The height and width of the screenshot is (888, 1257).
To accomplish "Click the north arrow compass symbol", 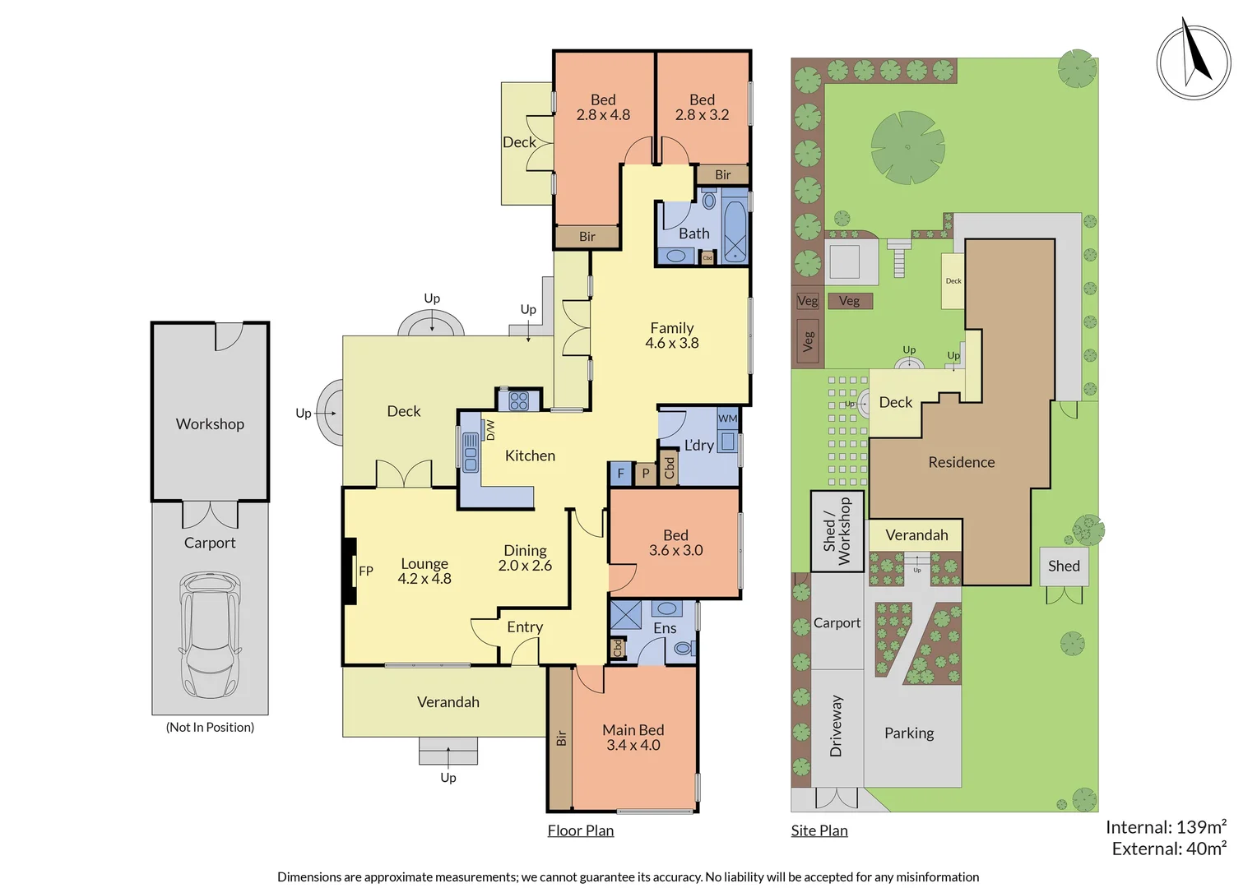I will tap(1193, 62).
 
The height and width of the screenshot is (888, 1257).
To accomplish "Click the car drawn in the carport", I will tap(210, 635).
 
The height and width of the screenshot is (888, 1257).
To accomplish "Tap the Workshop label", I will tap(210, 424).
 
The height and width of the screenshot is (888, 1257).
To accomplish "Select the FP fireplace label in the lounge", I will tap(366, 571).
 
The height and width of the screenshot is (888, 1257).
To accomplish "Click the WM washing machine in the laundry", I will tap(727, 419).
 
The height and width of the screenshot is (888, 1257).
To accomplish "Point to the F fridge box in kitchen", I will tap(620, 474).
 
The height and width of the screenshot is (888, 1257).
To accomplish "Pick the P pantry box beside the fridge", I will tap(646, 474).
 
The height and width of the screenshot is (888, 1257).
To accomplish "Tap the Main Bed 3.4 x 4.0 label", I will tap(633, 738).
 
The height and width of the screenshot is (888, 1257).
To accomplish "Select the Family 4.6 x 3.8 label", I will tap(671, 335).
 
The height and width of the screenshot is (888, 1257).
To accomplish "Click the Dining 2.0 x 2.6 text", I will tap(525, 558).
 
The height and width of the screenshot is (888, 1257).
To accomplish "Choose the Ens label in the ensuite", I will tap(665, 628).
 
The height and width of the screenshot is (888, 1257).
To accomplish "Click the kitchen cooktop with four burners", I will tap(518, 400).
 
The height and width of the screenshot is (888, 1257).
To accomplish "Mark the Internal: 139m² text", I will tap(1166, 827).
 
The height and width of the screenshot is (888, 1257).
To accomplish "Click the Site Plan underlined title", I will tap(819, 830).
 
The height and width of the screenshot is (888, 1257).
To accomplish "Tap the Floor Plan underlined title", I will tap(581, 830).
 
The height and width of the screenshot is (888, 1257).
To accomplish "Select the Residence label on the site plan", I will tap(961, 462).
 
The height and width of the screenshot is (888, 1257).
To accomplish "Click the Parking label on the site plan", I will tap(908, 733).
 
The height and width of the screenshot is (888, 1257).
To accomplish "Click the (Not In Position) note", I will tap(210, 727).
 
